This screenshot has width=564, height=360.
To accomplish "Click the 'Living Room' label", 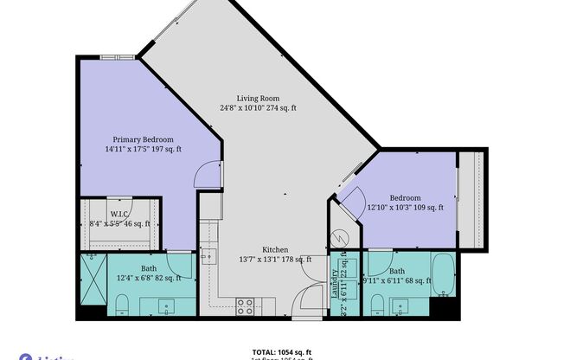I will pyautogui.click(x=257, y=98).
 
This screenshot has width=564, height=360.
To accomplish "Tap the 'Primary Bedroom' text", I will pyautogui.click(x=143, y=139).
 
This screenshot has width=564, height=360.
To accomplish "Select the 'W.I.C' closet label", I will pyautogui.click(x=119, y=213).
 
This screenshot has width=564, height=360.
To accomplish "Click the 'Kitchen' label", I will pyautogui.click(x=275, y=248).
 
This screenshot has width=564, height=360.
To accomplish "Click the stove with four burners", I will pyautogui.click(x=245, y=305).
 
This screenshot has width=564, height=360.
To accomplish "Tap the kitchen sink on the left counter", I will pyautogui.click(x=208, y=257).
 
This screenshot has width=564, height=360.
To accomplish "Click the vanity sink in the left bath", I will pyautogui.click(x=166, y=305).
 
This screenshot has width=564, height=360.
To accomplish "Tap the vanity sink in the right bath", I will pyautogui.click(x=401, y=305).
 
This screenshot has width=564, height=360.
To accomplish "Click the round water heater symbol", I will pyautogui.click(x=341, y=236).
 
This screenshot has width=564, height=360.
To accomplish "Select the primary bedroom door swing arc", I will pyautogui.click(x=206, y=176).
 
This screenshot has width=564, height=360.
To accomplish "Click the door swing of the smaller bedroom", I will pyautogui.click(x=350, y=204).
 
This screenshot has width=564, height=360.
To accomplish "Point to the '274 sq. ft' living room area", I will pyautogui.click(x=279, y=109).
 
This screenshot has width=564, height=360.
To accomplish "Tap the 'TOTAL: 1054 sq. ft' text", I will pyautogui.click(x=282, y=352).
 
